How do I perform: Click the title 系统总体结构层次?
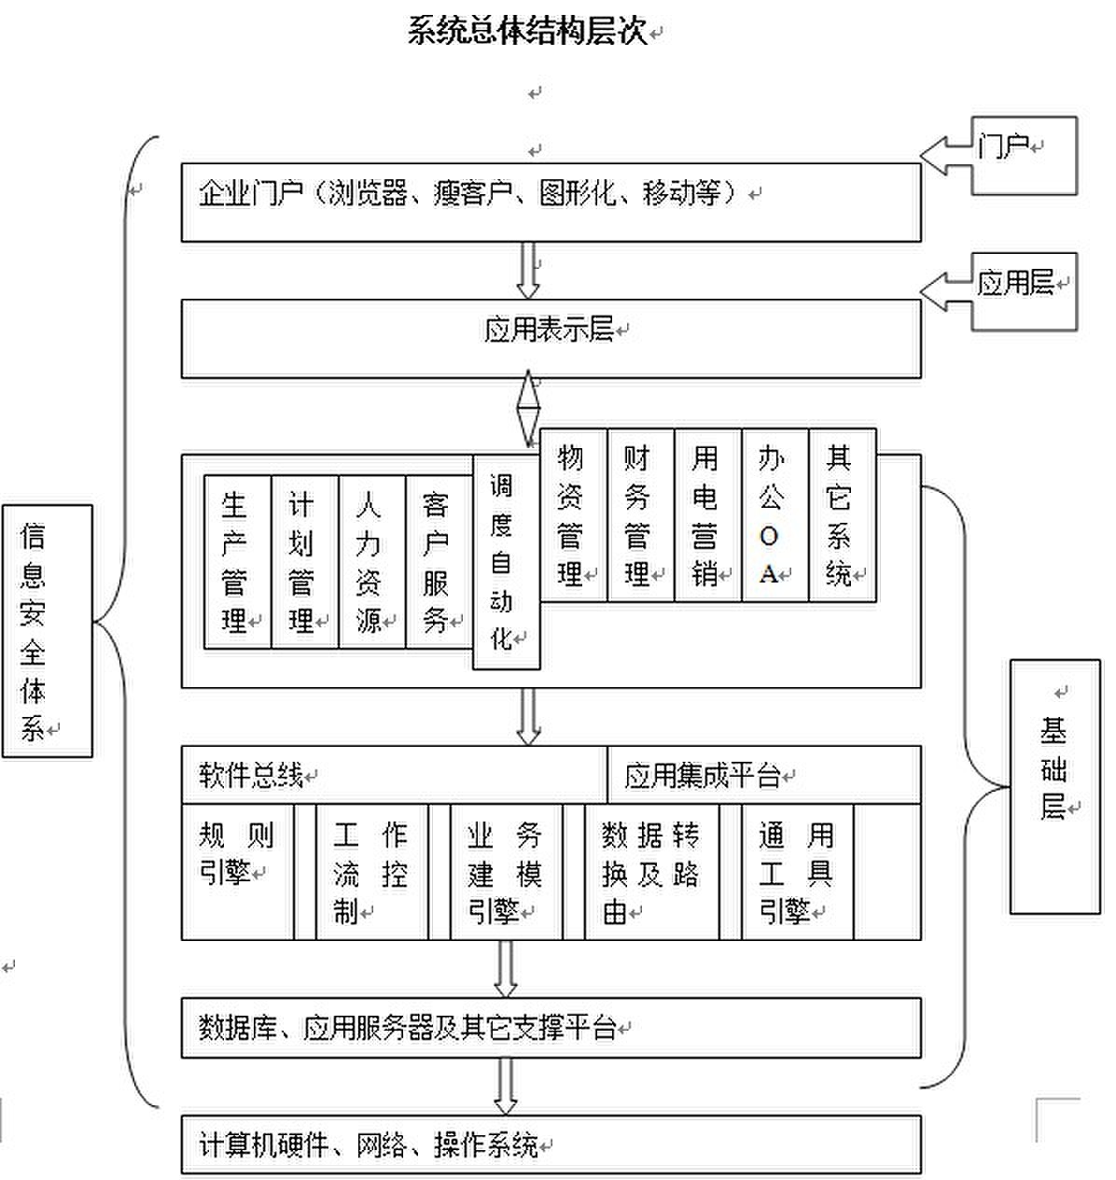pyautogui.click(x=527, y=31)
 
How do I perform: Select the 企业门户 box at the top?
pyautogui.click(x=551, y=202)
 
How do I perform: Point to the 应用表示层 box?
pyautogui.click(x=551, y=337)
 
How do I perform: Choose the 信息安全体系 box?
pyautogui.click(x=47, y=630)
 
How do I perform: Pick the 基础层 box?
pyautogui.click(x=1054, y=786)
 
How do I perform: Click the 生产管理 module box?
pyautogui.click(x=237, y=562)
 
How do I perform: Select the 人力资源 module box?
pyautogui.click(x=371, y=562)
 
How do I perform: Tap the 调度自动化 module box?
pyautogui.click(x=506, y=562)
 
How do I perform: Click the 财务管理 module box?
pyautogui.click(x=640, y=515)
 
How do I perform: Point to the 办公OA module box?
pyautogui.click(x=774, y=515)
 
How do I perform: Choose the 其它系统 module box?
pyautogui.click(x=842, y=515)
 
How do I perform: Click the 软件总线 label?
pyautogui.click(x=252, y=775)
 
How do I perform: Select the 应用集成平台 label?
pyautogui.click(x=702, y=775)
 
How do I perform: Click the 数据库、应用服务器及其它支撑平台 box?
pyautogui.click(x=551, y=1028)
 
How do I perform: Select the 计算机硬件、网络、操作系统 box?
pyautogui.click(x=551, y=1144)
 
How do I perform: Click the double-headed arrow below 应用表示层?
pyautogui.click(x=529, y=408)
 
